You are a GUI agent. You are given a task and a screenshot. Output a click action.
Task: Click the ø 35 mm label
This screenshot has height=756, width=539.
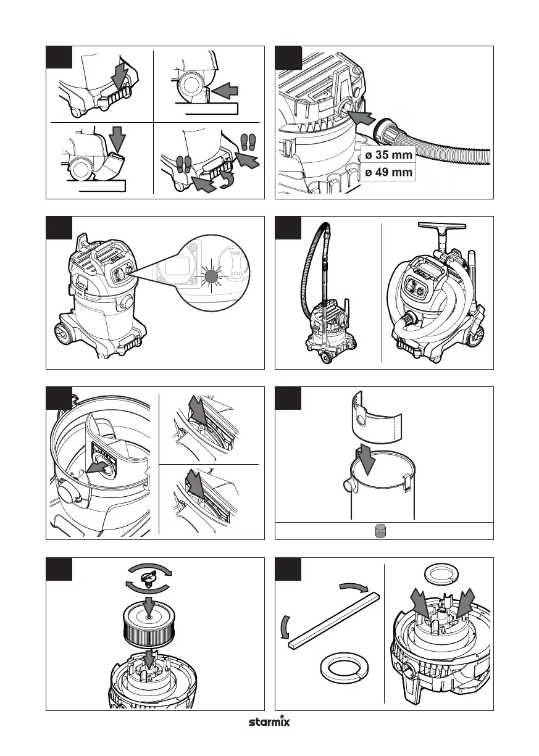click(x=389, y=155)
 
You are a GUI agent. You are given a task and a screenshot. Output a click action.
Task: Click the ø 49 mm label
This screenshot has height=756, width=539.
click(x=389, y=172)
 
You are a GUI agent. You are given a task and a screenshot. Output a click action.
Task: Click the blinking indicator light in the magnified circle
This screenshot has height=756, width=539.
click(x=211, y=276)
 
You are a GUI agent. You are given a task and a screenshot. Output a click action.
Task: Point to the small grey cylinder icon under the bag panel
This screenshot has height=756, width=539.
click(x=380, y=531)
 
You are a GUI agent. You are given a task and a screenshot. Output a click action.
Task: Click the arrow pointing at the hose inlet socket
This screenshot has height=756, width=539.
click(x=361, y=117)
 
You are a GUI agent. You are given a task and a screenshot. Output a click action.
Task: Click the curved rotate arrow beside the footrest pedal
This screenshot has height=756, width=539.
click(x=226, y=181)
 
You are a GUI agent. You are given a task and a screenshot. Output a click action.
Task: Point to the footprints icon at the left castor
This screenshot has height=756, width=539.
click(x=184, y=164)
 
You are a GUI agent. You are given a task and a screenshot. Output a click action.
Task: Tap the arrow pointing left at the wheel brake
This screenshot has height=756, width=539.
click(x=226, y=91)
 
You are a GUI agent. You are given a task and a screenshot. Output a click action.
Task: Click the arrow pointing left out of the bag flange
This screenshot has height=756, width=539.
click(x=98, y=468)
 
